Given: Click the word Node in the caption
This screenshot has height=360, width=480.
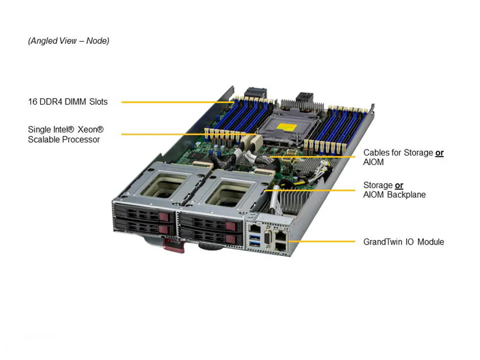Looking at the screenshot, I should tap(97, 41).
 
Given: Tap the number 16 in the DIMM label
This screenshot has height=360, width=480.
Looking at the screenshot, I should tap(32, 102).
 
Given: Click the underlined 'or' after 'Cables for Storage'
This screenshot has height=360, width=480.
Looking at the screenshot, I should tap(439, 152).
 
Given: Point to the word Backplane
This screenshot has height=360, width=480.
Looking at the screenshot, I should tap(407, 194).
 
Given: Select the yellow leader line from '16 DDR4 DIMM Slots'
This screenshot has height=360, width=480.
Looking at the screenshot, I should tap(175, 102).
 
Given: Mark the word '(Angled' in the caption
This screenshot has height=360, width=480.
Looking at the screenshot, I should tap(42, 41).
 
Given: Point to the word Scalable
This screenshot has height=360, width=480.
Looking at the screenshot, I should tap(43, 139).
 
